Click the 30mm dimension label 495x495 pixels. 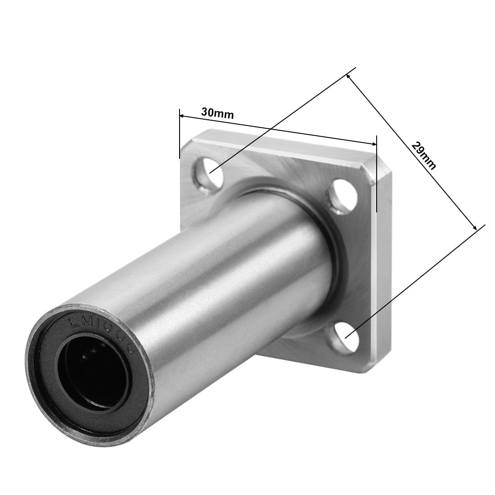pyautogui.click(x=217, y=113)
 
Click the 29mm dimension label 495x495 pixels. pyautogui.click(x=423, y=155)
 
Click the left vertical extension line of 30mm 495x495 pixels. pyautogui.click(x=180, y=135)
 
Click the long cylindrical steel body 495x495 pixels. pyautogui.click(x=202, y=279)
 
